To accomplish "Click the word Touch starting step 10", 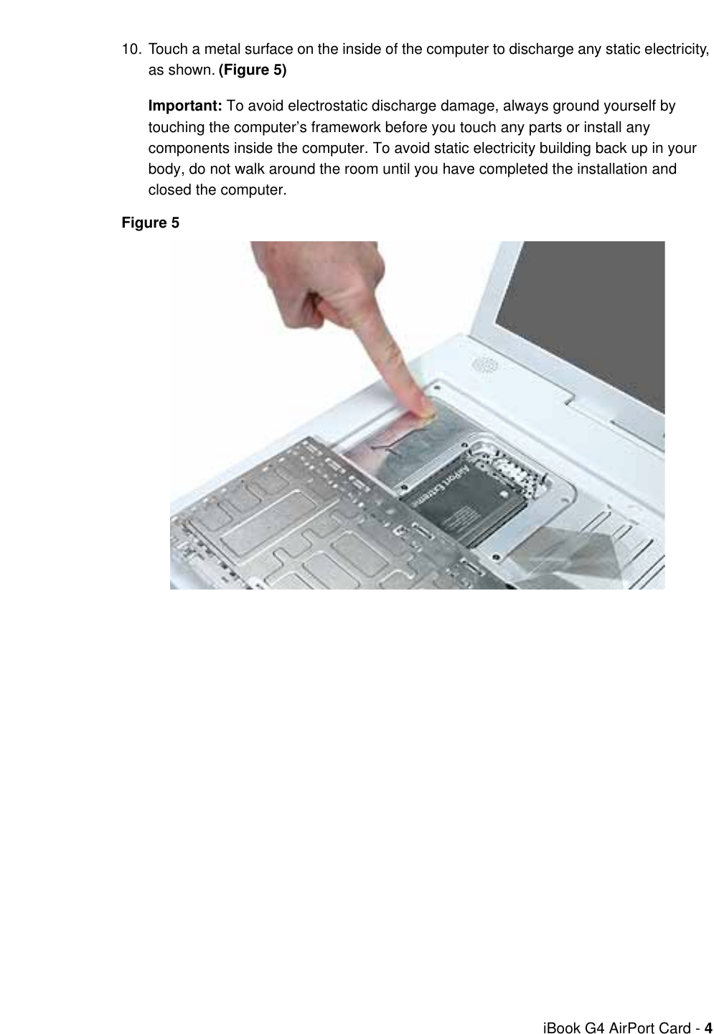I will pyautogui.click(x=166, y=50).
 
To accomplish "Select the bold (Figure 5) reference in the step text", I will pyautogui.click(x=252, y=70).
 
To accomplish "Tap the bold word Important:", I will pyautogui.click(x=185, y=106).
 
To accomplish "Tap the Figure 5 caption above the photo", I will pyautogui.click(x=151, y=223).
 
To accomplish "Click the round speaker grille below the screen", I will pyautogui.click(x=484, y=365).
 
